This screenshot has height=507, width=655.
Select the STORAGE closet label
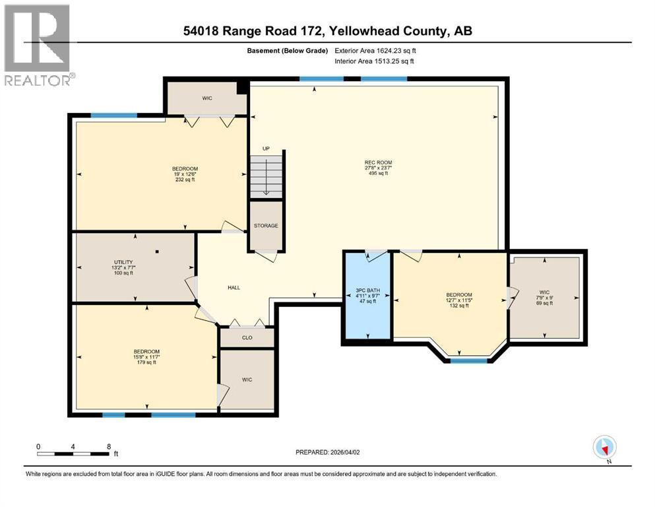click(x=266, y=226)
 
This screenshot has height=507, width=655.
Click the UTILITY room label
click(x=123, y=267)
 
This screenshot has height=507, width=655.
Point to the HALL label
click(x=234, y=287)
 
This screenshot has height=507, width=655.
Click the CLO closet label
click(x=247, y=337)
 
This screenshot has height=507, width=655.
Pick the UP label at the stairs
click(x=266, y=149)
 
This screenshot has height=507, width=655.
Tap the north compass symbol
click(x=604, y=448)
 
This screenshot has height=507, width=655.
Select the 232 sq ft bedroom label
click(x=185, y=174)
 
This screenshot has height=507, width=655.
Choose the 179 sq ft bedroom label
click(x=146, y=356)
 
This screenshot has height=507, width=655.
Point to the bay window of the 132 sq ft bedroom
click(x=469, y=360)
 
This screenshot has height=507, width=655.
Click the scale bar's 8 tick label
click(x=108, y=446)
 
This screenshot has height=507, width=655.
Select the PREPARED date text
click(x=329, y=452)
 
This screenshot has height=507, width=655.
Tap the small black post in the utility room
click(x=157, y=252)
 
